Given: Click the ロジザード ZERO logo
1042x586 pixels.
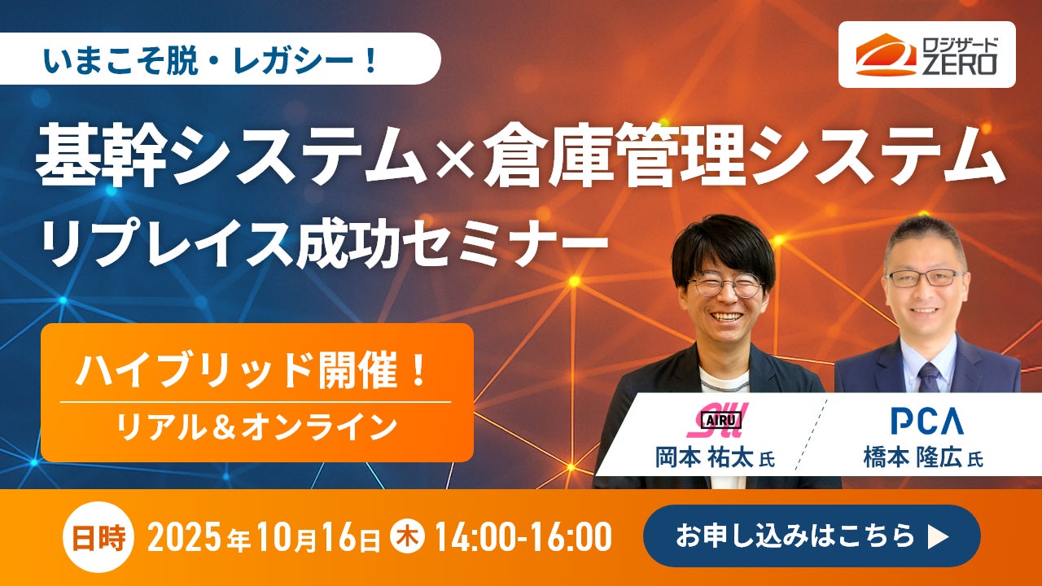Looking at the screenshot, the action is pos(926,55).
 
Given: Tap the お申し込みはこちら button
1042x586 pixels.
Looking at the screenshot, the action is pos(812,536).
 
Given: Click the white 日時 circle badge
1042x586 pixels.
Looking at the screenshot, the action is pos(99,537).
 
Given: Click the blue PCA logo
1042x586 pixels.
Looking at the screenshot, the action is pos(926,421).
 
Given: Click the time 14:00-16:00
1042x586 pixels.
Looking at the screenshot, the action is pos(522,536).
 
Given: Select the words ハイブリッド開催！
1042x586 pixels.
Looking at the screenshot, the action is pos(252,370).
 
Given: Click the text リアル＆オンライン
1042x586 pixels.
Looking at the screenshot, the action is pos(256,427).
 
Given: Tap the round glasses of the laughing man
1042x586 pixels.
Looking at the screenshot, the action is pos(725,285).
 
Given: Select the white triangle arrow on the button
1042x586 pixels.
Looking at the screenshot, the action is pos(938,536).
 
